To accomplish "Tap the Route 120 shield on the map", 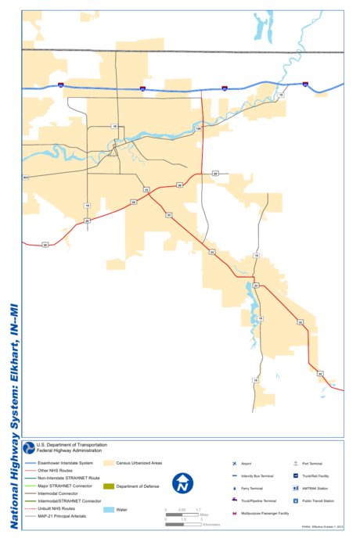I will [x=199, y=128].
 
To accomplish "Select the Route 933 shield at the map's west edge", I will [x=25, y=178].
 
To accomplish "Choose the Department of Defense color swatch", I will [x=109, y=486].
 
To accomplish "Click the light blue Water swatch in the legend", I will [x=109, y=510].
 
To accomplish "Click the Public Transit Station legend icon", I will [x=295, y=500].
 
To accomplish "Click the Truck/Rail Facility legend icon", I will [x=295, y=475].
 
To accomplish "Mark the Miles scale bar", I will [x=182, y=514].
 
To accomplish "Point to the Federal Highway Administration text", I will [x=70, y=450].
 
